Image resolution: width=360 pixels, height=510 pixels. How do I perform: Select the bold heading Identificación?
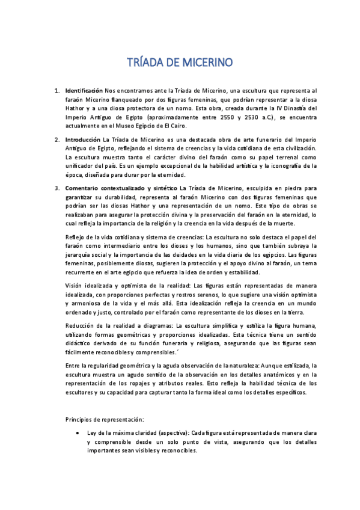click(x=84, y=90)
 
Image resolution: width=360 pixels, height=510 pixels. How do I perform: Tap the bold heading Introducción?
click(x=83, y=139)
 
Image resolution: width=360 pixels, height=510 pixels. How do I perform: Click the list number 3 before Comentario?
click(x=56, y=188)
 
